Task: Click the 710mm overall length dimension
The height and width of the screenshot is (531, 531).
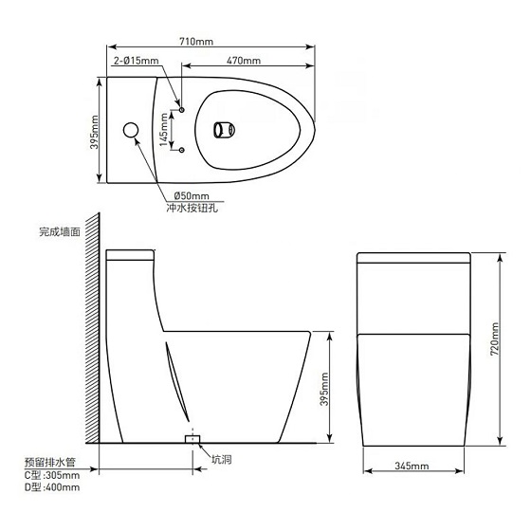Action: (x=196, y=42)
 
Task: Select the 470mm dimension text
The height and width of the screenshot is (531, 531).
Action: (x=244, y=61)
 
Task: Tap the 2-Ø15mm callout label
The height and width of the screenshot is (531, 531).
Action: (x=137, y=61)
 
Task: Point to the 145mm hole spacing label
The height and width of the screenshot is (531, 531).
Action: (x=163, y=130)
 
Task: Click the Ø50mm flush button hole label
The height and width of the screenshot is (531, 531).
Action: (x=192, y=195)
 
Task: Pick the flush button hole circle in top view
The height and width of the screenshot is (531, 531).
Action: (x=131, y=130)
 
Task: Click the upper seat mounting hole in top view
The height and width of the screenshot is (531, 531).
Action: (x=181, y=110)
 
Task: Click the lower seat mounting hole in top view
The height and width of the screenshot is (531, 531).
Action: (x=181, y=150)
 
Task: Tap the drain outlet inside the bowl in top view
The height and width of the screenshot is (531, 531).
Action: (x=224, y=130)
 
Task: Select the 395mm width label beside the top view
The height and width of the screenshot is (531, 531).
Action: (x=94, y=132)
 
